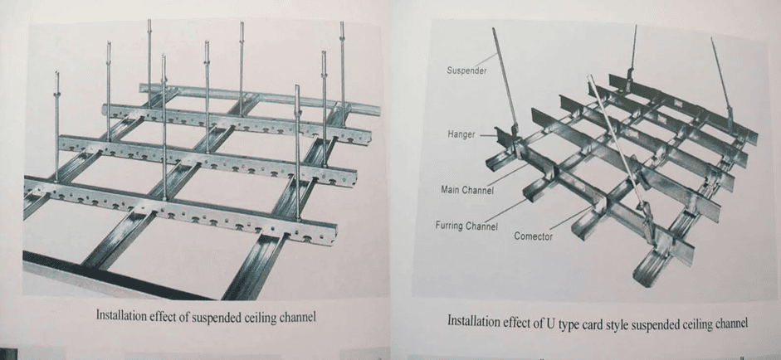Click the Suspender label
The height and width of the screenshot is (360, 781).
[x=466, y=71]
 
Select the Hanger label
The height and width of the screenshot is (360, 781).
[x=461, y=134]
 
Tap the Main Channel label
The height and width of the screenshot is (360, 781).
[x=466, y=191]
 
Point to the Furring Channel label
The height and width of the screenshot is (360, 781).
[x=466, y=225]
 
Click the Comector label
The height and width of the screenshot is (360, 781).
[x=533, y=236]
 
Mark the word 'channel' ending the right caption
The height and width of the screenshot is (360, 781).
[x=728, y=321]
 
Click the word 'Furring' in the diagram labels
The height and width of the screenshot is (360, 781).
[x=451, y=225]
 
